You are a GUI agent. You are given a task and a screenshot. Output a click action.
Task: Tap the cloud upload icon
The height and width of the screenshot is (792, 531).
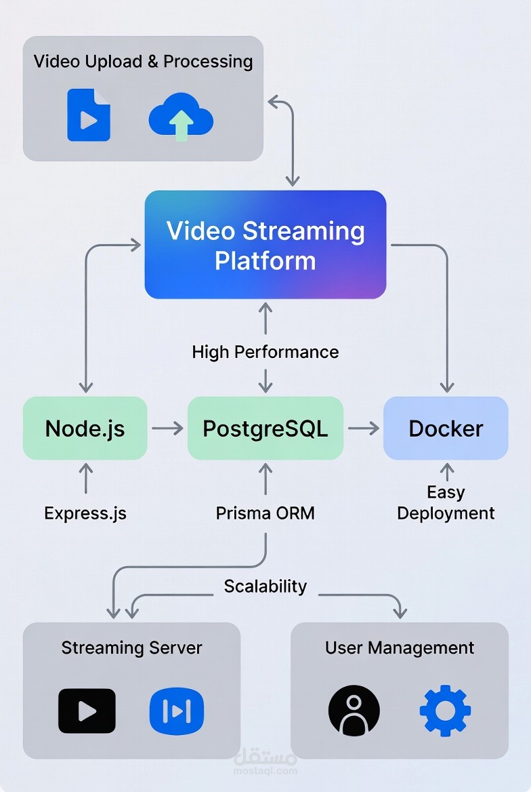point(181,117)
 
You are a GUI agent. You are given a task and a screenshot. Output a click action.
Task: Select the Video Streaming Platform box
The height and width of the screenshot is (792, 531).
point(265,245)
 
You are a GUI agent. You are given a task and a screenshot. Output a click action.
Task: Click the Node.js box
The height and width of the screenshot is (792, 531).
point(85,429)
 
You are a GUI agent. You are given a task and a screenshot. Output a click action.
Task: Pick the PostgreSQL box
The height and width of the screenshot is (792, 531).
point(265,429)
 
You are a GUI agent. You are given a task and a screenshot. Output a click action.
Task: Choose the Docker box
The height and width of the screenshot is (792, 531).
point(446,429)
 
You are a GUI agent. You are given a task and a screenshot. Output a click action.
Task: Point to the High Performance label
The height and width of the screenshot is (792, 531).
point(265,352)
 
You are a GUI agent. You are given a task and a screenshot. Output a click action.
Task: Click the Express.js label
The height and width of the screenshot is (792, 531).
point(85,513)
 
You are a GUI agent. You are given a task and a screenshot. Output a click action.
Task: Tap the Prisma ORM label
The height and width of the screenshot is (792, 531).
point(265,513)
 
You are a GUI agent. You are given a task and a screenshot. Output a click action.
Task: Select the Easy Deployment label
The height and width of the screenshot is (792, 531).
point(446,502)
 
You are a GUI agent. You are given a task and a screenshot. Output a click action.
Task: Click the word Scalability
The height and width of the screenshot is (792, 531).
point(265,587)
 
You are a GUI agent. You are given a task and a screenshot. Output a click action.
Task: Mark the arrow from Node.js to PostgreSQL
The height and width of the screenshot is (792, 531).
point(167,429)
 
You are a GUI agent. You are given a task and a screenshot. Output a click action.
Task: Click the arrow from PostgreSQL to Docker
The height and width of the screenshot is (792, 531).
point(364,429)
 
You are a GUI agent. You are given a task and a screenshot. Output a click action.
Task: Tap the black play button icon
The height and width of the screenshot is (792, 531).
point(87,711)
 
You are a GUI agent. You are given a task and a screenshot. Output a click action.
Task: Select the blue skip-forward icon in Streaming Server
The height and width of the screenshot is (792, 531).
point(177,711)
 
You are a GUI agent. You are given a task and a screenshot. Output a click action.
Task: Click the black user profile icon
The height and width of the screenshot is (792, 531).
point(354,711)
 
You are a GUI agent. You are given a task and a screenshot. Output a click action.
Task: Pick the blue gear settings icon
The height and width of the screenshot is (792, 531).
point(445,711)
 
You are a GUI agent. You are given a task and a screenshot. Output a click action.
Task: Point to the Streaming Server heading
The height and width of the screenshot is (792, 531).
point(131,648)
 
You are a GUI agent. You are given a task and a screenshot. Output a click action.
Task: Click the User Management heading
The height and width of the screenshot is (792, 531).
point(400,648)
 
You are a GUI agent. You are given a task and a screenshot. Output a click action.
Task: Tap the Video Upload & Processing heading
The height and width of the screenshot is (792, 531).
point(144,62)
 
